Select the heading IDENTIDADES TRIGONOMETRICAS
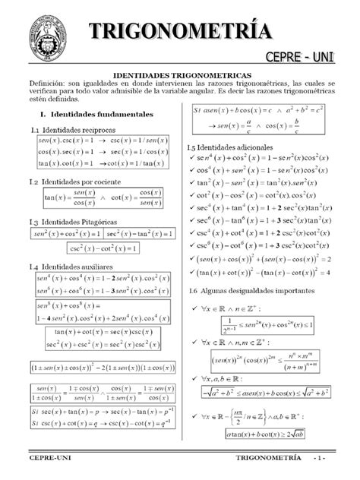tap(181, 77)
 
